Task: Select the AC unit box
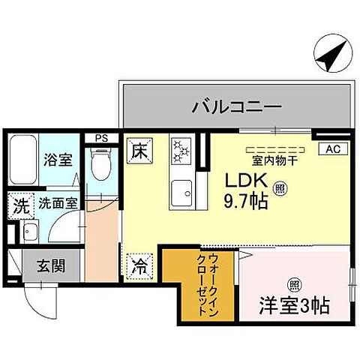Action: click(x=331, y=148)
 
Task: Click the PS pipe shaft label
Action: click(x=100, y=138)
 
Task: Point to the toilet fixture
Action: click(x=99, y=163)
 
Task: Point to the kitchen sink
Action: click(x=181, y=196)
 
